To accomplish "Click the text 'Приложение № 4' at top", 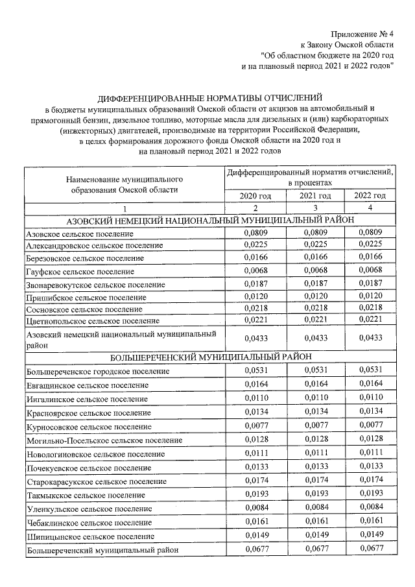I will tap(362, 33).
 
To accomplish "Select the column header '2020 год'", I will tap(255, 196).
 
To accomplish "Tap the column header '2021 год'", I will tap(315, 196).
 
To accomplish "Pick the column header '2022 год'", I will tap(370, 196).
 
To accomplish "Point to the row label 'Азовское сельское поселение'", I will tap(77, 234).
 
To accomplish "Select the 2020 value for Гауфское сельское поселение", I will tap(255, 270).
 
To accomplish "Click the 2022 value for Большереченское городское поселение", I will tap(370, 370).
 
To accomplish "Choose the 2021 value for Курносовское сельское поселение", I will tap(315, 426).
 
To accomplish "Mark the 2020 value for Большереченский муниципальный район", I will tap(255, 549).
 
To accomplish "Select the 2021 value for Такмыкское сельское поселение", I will tap(315, 494).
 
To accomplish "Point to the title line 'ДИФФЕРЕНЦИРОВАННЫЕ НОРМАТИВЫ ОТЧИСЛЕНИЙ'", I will tap(209, 98).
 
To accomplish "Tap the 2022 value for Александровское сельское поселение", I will tap(370, 245).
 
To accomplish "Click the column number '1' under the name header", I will tap(123, 209).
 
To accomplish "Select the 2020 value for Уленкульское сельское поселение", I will tap(255, 507).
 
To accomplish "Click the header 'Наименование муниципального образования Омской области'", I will tap(123, 184).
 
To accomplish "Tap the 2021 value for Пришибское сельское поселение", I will tap(315, 296).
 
